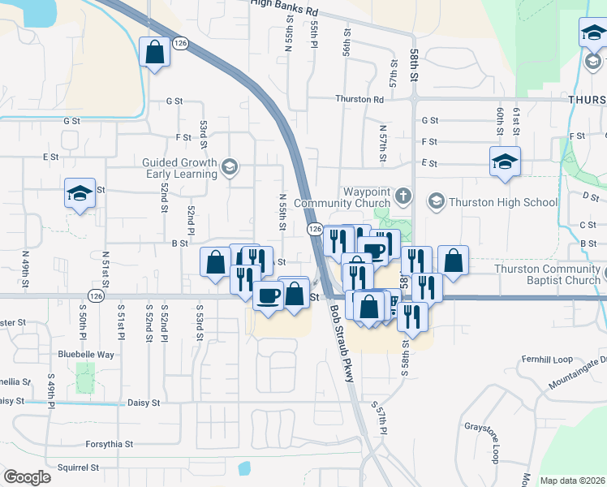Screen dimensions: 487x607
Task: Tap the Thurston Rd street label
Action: pyautogui.click(x=361, y=100)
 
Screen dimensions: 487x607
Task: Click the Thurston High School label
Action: pyautogui.click(x=504, y=202)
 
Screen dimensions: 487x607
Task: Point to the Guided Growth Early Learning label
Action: pyautogui.click(x=180, y=168)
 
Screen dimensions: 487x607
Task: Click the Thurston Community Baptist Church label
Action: pyautogui.click(x=550, y=274)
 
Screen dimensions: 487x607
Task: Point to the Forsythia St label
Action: pyautogui.click(x=109, y=445)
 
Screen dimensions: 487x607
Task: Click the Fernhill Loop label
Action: pyautogui.click(x=549, y=359)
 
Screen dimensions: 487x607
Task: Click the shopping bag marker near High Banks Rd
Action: pyautogui.click(x=154, y=54)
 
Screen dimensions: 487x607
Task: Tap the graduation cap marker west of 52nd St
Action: pyautogui.click(x=80, y=194)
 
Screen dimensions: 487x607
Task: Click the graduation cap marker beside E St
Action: pyautogui.click(x=505, y=162)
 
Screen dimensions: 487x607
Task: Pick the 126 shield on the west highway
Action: pyautogui.click(x=97, y=296)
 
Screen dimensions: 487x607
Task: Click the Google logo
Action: pyautogui.click(x=27, y=477)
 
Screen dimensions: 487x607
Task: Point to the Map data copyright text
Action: pyautogui.click(x=573, y=481)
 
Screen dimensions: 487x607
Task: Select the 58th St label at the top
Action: pyautogui.click(x=414, y=59)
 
